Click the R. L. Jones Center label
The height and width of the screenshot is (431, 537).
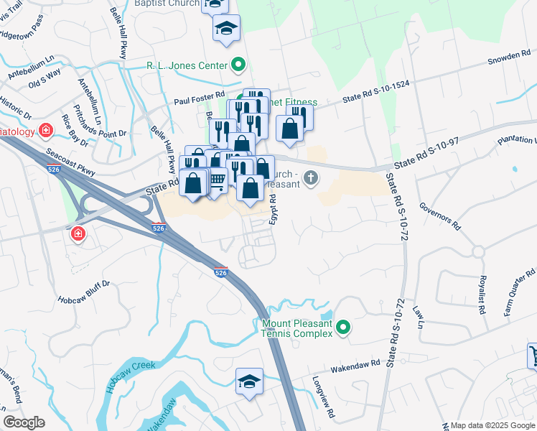tap(187, 65)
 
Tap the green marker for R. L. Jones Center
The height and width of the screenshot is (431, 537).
tap(238, 65)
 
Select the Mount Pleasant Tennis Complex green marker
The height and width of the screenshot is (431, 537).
tap(344, 328)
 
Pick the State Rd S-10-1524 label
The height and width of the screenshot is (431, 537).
tap(376, 93)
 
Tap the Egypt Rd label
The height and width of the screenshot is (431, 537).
tap(273, 211)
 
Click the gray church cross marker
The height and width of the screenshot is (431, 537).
tap(310, 177)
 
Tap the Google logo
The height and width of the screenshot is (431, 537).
tap(24, 422)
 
